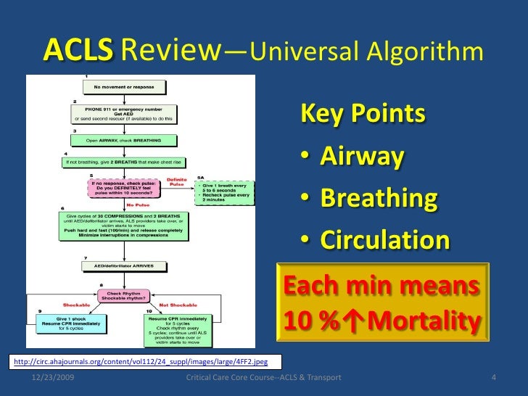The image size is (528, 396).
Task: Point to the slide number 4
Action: point(493,379)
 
